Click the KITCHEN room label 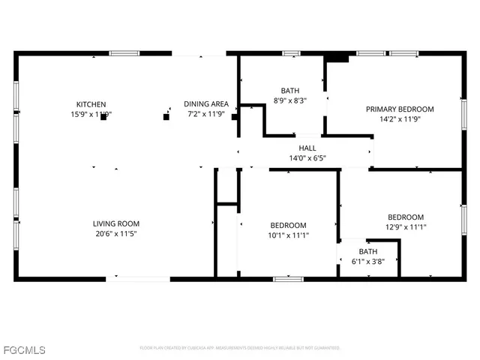pos(91,104)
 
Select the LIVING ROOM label pos(116,223)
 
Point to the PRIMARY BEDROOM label pos(400,109)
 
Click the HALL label pos(307,148)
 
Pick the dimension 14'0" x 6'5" pos(307,158)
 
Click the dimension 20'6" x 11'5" pos(116,234)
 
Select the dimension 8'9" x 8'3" pos(289,100)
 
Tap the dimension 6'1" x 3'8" pos(368,262)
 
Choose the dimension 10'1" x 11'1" pos(289,235)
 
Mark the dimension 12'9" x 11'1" pos(406,227)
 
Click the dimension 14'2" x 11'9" pos(400,118)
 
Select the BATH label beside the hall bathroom pos(289,90)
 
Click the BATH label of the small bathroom pos(368,251)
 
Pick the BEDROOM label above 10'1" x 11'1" pos(289,226)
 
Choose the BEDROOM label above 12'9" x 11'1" pos(406,217)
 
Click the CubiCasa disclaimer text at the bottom pos(240,348)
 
